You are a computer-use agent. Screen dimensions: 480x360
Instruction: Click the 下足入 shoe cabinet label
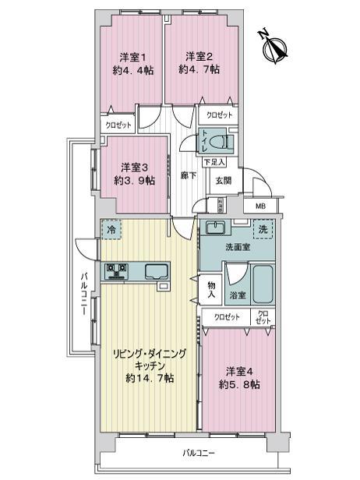(x=214, y=162)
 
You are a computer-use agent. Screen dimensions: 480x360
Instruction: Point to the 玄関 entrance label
(x=223, y=180)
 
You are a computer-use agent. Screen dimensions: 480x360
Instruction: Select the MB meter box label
(x=260, y=206)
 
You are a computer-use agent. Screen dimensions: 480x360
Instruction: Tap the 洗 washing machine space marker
(x=264, y=231)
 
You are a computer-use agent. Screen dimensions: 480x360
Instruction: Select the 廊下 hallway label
(x=187, y=176)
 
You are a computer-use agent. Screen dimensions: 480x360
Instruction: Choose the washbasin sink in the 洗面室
(x=214, y=229)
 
